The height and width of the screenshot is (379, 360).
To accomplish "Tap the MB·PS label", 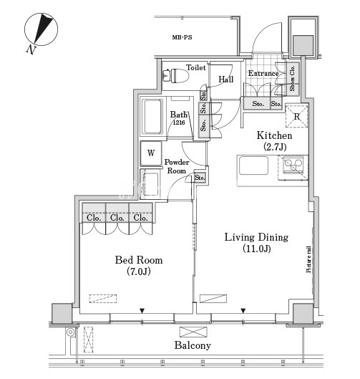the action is [182, 37].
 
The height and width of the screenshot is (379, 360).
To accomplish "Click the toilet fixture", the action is [176, 76].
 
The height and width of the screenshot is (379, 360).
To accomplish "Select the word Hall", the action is [226, 80].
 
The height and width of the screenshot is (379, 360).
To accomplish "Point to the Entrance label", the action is [263, 74].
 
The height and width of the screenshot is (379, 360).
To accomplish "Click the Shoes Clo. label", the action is [292, 78].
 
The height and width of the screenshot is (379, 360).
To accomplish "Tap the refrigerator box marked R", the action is [297, 117].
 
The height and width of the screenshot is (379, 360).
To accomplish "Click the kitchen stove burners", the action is [293, 165].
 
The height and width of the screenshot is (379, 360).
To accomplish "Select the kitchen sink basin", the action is [254, 165].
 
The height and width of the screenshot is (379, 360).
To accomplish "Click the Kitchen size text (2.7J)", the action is [275, 147].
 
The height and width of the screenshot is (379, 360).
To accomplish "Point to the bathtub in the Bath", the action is [152, 117].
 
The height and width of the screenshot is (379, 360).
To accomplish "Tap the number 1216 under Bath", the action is [179, 123].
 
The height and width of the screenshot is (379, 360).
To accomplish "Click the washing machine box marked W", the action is [151, 153].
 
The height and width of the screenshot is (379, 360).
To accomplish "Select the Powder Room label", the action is [177, 166].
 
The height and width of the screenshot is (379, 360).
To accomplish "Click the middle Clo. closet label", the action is [117, 218].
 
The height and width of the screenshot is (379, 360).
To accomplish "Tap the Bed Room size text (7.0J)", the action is [139, 272].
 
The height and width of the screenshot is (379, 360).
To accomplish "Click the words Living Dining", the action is [256, 237].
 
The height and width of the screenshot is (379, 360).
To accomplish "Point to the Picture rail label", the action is [308, 259].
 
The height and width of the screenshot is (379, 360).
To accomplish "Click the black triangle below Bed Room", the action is [142, 311].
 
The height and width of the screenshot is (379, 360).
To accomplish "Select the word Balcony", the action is [193, 345].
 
